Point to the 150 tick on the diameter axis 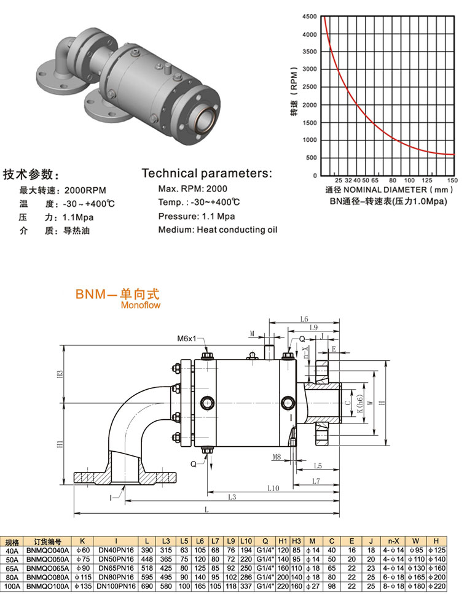pyautogui.click(x=452, y=180)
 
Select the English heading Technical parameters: pyautogui.click(x=206, y=173)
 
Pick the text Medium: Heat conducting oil pyautogui.click(x=218, y=230)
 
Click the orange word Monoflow pyautogui.click(x=140, y=304)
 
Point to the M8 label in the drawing pyautogui.click(x=277, y=457)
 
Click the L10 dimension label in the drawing pyautogui.click(x=273, y=488)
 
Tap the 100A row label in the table pyautogui.click(x=11, y=587)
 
